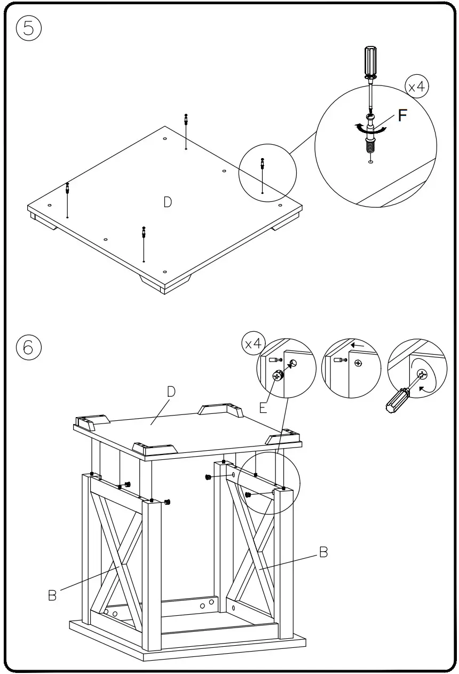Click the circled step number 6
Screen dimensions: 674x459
[x=29, y=347]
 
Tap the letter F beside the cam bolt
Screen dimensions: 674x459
[x=403, y=116]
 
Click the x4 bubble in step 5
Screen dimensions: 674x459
[x=417, y=87]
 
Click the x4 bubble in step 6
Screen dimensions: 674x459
[x=254, y=343]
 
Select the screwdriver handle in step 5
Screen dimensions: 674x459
[x=370, y=61]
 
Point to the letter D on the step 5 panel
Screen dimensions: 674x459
[x=168, y=202]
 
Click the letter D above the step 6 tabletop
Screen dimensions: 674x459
[x=171, y=391]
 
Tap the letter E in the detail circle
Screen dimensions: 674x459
[x=263, y=408]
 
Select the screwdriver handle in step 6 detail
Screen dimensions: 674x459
[x=398, y=399]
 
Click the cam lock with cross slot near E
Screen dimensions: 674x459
[x=278, y=376]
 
